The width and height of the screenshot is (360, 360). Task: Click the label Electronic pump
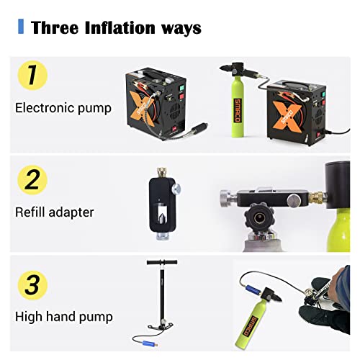tap(63, 109)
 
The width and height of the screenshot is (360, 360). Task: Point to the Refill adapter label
tap(55, 212)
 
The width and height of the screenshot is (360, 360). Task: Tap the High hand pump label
tap(64, 316)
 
